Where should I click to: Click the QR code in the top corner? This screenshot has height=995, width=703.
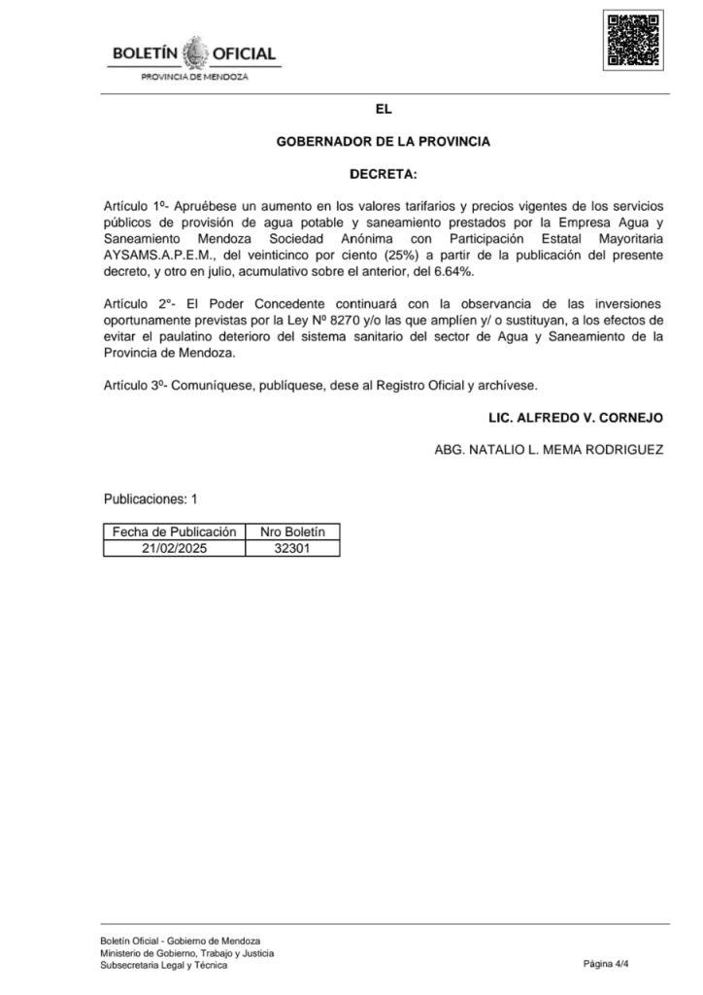[x=632, y=41]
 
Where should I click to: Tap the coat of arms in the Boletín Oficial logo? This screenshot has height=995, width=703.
[x=195, y=51]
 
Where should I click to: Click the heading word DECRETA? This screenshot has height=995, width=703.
[x=383, y=174]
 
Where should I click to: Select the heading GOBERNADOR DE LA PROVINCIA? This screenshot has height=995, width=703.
[x=383, y=141]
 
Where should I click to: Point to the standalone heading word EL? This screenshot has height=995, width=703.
[x=383, y=109]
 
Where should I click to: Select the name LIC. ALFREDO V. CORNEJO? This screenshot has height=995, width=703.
[x=576, y=417]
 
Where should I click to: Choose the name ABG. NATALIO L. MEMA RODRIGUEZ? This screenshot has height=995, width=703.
[x=549, y=449]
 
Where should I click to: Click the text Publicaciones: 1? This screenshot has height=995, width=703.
[x=151, y=499]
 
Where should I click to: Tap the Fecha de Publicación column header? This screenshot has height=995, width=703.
[x=175, y=532]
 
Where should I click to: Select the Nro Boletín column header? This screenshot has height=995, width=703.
[x=292, y=532]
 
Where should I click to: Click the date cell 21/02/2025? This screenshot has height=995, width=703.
[x=175, y=548]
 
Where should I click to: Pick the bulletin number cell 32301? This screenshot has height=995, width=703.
[x=292, y=548]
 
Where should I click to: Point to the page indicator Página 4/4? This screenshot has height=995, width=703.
[x=607, y=964]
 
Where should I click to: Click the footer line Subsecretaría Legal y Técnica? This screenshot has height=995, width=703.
[x=163, y=965]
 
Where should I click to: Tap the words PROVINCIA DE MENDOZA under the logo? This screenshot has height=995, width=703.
[x=194, y=76]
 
